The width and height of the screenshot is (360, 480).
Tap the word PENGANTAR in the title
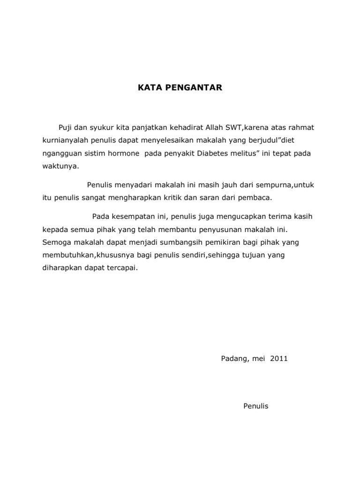[187, 87]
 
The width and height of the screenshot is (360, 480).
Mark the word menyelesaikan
[181, 141]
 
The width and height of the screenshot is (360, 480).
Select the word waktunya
[58, 166]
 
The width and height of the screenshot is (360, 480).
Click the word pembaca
[255, 198]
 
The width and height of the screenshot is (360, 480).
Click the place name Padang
[232, 359]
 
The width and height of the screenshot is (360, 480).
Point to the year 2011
[279, 359]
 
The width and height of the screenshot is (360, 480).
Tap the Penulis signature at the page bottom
[256, 406]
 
